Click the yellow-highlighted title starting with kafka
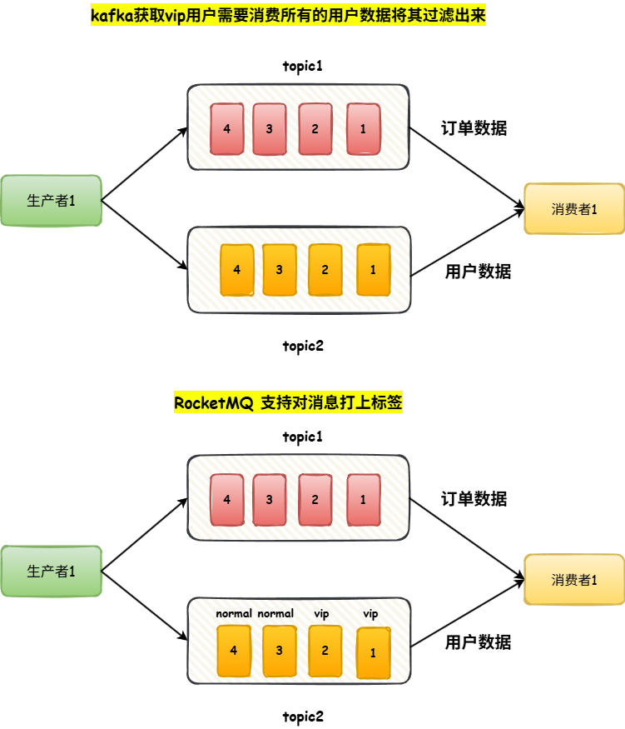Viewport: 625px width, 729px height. [287, 16]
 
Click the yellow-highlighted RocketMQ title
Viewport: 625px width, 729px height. [288, 403]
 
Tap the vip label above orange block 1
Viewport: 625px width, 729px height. [370, 613]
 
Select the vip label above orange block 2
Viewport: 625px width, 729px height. [322, 613]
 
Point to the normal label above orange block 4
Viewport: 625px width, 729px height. [234, 613]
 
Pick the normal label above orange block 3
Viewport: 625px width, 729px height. [275, 613]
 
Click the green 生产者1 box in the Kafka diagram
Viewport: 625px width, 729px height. [51, 200]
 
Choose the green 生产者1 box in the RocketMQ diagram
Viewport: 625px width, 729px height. [51, 571]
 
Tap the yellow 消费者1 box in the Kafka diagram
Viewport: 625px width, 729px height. [574, 208]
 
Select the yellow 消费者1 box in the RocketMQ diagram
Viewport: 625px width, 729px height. [574, 579]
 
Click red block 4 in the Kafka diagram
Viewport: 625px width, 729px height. [227, 129]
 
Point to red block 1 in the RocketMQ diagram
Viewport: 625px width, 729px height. [363, 500]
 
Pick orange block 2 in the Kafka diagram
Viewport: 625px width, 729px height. [325, 269]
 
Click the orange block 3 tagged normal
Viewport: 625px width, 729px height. [279, 651]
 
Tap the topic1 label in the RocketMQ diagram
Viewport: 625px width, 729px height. [302, 437]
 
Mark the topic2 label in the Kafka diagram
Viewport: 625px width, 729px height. [302, 346]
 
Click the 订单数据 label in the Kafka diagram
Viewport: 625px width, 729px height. [474, 128]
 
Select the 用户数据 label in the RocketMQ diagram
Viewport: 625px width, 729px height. [478, 642]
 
